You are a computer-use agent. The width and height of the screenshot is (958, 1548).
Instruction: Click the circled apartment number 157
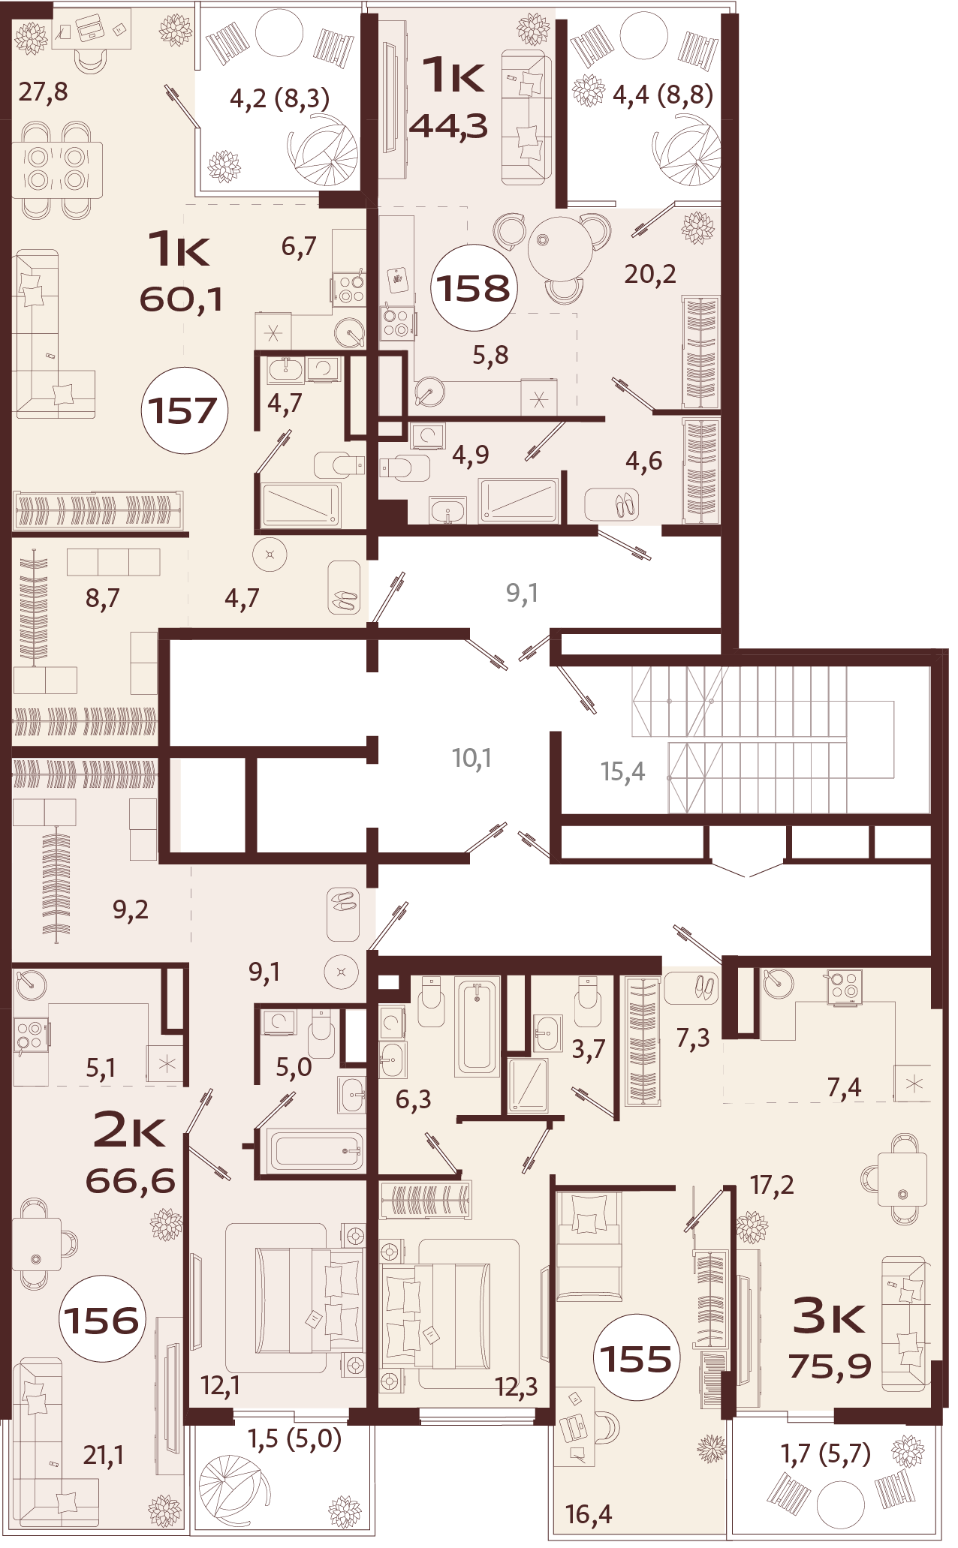184,410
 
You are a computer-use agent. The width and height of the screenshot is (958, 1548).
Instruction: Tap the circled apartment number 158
474,288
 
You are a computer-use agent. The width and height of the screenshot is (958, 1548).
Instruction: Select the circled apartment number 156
101,1319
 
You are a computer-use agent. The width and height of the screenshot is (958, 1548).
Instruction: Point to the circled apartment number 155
637,1358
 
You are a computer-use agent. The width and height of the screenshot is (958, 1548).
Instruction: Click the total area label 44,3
449,126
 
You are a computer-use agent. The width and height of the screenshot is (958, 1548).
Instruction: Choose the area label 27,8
44,92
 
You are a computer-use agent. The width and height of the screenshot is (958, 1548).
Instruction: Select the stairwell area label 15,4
622,771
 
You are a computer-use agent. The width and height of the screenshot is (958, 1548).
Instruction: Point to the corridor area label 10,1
471,758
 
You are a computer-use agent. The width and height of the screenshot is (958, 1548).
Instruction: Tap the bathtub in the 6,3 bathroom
477,1026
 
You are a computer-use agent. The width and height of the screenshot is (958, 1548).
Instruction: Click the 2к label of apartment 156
129,1131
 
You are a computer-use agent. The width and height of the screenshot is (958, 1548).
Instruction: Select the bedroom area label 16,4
589,1514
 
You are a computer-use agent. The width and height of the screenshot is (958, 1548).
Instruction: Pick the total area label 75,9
830,1366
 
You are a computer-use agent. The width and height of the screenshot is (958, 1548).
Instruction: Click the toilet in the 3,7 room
587,1003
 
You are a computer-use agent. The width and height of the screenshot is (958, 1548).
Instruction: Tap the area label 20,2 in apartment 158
650,275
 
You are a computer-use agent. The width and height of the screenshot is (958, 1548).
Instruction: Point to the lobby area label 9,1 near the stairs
522,594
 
